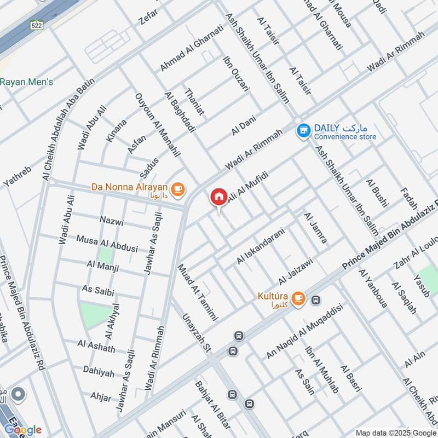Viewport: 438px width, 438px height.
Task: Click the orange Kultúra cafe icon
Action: pyautogui.click(x=297, y=297)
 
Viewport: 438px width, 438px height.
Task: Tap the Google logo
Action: pyautogui.click(x=22, y=429)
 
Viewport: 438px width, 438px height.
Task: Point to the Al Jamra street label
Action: pyautogui.click(x=315, y=228)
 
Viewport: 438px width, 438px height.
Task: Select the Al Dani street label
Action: pyautogui.click(x=244, y=125)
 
